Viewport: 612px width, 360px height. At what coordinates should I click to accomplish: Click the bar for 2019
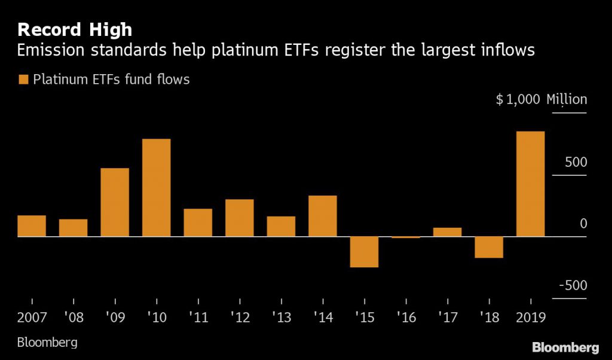[530, 184]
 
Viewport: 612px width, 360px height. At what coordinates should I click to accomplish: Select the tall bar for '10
[156, 188]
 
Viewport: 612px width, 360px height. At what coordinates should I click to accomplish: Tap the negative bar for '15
[364, 252]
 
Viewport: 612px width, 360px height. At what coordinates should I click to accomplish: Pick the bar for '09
[115, 202]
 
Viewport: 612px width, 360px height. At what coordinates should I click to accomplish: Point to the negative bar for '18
[489, 248]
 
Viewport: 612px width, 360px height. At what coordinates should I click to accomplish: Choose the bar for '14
[323, 216]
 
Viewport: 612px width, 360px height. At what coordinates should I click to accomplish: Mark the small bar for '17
[447, 232]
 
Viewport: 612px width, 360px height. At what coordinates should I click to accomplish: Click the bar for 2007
[32, 226]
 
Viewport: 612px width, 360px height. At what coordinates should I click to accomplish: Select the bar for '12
[239, 218]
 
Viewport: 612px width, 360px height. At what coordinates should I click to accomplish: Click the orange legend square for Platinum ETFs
[23, 80]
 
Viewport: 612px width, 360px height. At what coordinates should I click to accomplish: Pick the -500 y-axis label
[573, 285]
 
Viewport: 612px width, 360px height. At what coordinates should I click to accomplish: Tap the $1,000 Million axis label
[541, 100]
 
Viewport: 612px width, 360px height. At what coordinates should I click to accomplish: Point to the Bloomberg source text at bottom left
[47, 343]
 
